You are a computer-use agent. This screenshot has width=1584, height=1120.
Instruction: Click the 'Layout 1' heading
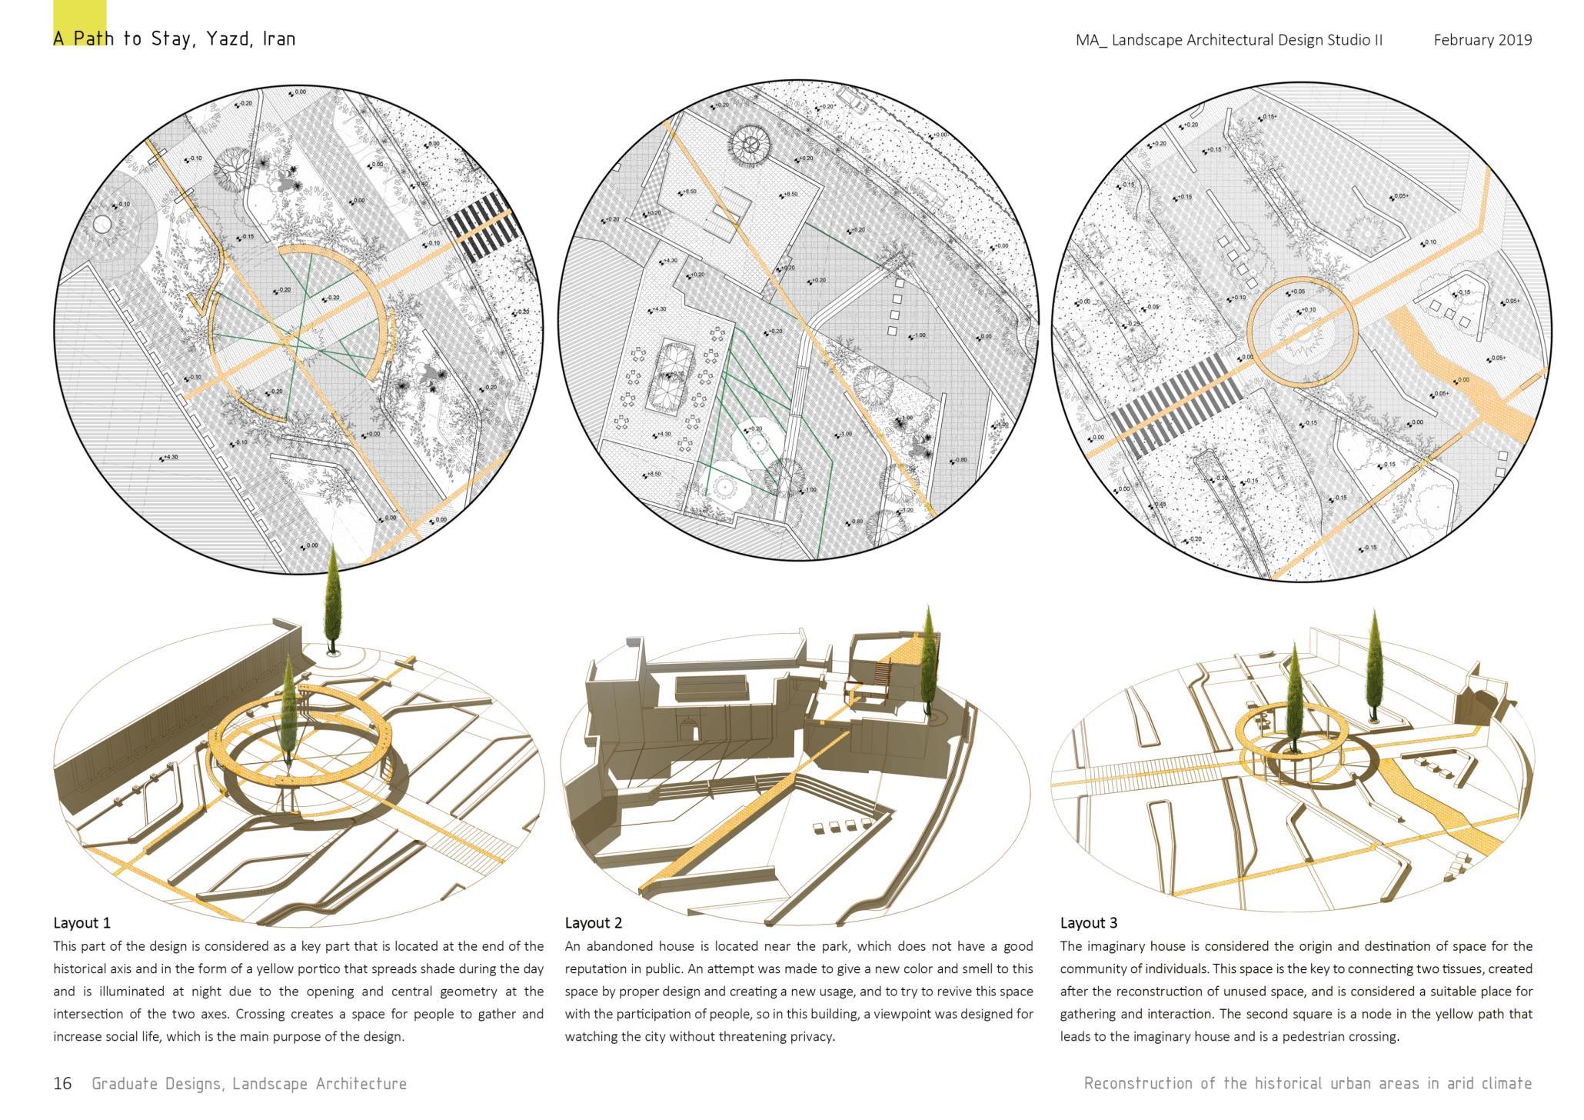click(x=82, y=922)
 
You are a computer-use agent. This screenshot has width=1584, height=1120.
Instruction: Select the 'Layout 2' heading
click(x=593, y=922)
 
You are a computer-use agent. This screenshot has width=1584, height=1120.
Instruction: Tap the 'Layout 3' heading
click(x=1088, y=922)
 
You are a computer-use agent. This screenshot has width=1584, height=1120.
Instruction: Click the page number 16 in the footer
click(x=62, y=1084)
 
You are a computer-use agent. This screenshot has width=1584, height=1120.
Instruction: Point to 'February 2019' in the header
click(x=1482, y=40)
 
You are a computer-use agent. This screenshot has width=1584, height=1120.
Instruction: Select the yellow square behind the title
click(x=80, y=22)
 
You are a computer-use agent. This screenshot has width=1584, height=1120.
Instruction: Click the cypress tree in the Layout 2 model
click(x=929, y=662)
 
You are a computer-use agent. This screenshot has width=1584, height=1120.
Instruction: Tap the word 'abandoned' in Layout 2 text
click(x=620, y=946)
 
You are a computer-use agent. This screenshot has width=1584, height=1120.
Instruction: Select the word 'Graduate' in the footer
click(x=118, y=1084)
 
